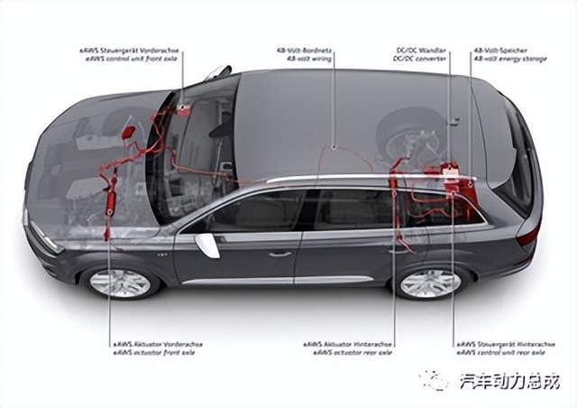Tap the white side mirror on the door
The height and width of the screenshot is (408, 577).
tap(208, 244)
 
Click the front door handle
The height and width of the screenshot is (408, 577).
tap(280, 254)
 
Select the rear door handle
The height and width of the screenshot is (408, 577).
tap(394, 251)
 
